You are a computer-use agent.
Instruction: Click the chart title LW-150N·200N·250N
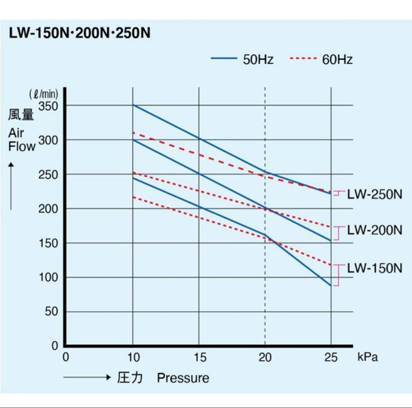point(79,33)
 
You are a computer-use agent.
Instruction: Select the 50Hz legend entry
point(242,60)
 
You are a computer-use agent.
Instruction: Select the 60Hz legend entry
point(321,60)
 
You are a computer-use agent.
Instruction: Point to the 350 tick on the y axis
point(48,105)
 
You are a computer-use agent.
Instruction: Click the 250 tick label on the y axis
point(48,175)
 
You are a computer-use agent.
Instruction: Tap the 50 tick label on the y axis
point(51,312)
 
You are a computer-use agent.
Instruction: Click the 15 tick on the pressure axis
point(199,358)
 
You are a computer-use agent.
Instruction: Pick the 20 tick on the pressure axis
point(265,358)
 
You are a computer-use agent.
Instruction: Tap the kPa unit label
point(368,357)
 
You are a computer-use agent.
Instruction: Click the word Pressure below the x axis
point(183,378)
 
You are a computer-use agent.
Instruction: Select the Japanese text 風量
point(21,115)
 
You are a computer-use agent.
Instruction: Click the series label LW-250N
point(375,194)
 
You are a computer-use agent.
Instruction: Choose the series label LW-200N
point(375,230)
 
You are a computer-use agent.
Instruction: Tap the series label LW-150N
point(375,268)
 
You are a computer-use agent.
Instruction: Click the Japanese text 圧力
point(130,378)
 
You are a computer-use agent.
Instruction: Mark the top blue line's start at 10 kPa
point(133,104)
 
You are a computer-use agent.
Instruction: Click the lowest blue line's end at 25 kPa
point(331,285)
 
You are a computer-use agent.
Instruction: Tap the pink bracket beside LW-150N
point(337,275)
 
